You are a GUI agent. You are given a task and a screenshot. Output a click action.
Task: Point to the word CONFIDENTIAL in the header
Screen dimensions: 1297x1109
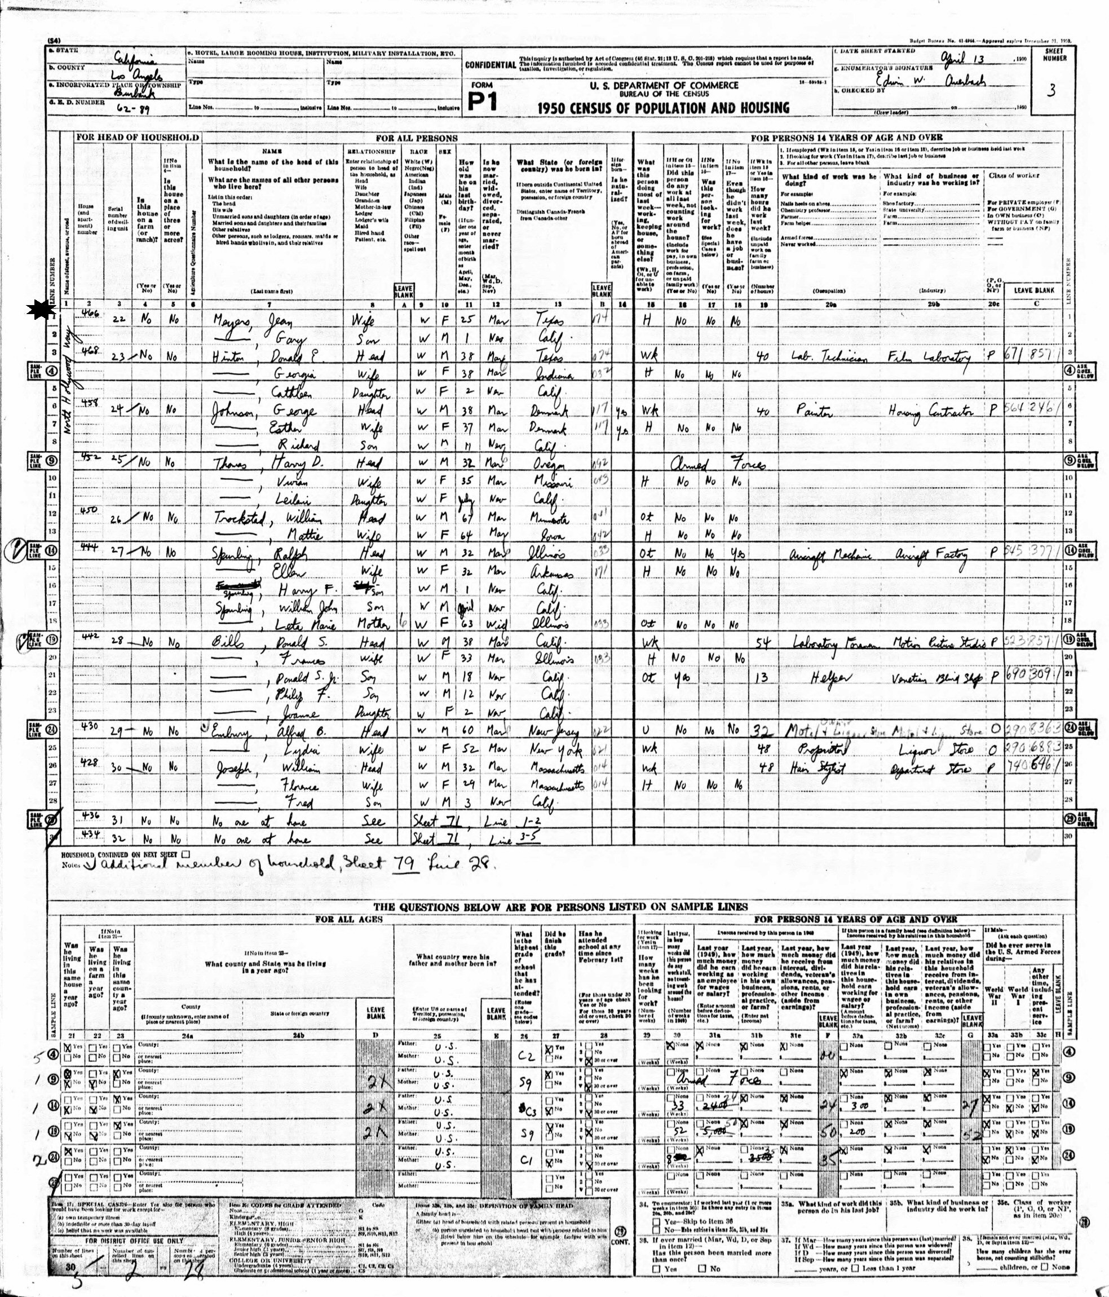point(490,64)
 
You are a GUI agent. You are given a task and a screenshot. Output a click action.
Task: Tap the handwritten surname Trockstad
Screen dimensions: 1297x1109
point(237,519)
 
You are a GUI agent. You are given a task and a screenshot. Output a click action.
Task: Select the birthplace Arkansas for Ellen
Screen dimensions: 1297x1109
point(556,573)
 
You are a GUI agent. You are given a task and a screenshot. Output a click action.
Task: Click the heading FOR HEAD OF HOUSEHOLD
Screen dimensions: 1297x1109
point(137,138)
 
